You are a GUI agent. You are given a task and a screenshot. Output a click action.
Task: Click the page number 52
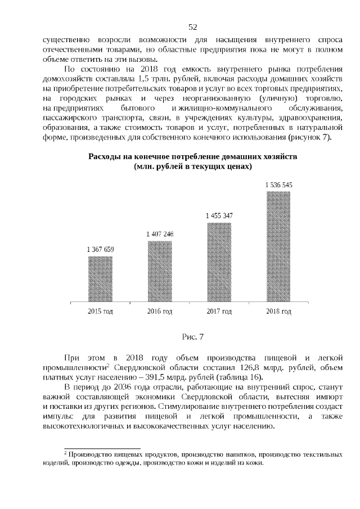coord(192,27)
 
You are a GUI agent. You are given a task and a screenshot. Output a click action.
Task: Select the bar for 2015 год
coord(100,278)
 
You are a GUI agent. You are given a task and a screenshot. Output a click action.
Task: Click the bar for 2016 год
coord(160,271)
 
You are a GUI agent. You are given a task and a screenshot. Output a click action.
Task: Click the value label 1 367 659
coord(100,249)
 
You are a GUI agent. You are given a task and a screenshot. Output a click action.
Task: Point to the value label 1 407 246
coord(160,234)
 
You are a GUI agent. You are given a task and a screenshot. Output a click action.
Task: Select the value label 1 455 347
coord(219,215)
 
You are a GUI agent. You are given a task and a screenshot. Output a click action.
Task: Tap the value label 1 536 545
coord(278,184)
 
